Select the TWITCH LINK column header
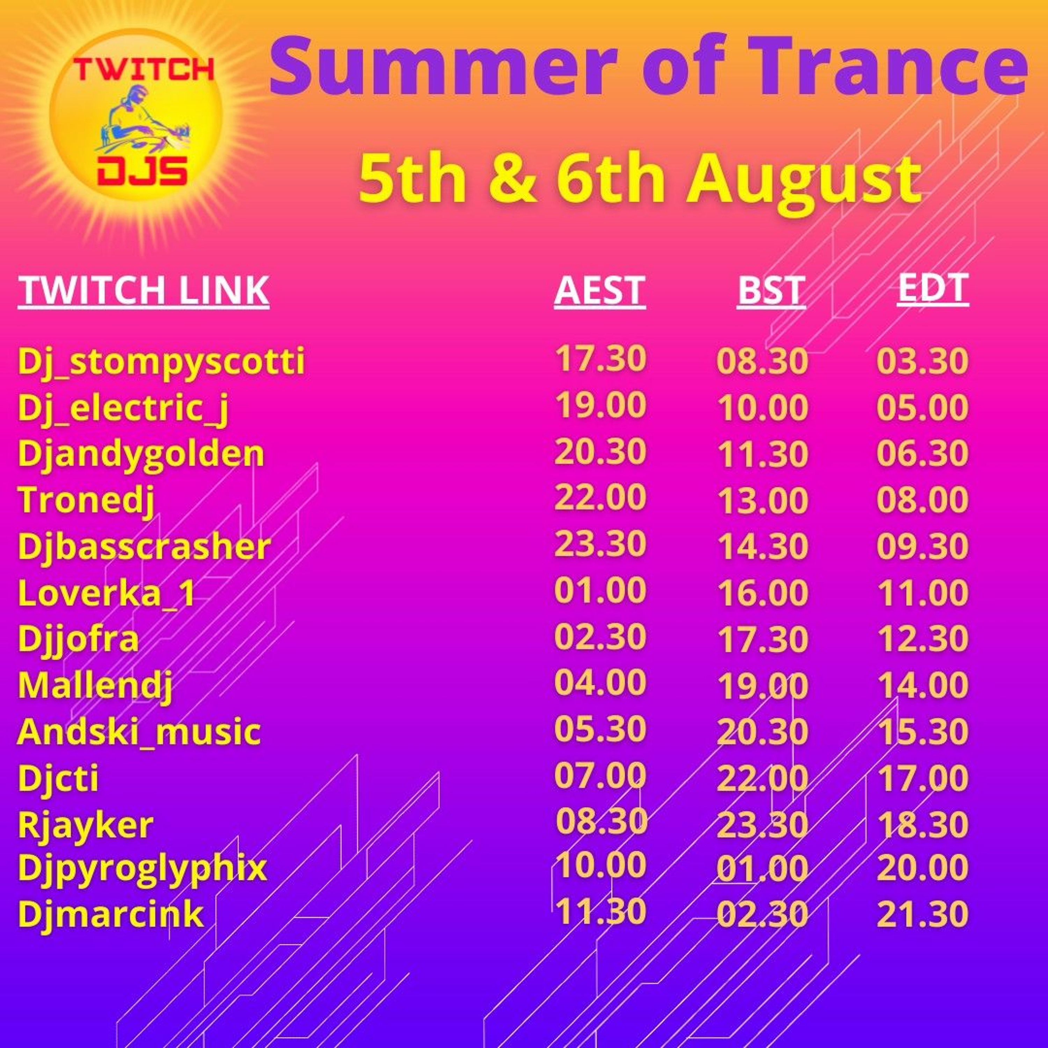point(143,290)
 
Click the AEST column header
point(600,290)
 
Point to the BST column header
point(771,290)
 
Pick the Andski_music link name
point(139,731)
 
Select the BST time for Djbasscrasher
point(763,546)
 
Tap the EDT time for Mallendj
point(923,685)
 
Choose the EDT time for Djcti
point(923,778)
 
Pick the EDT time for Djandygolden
point(923,453)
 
